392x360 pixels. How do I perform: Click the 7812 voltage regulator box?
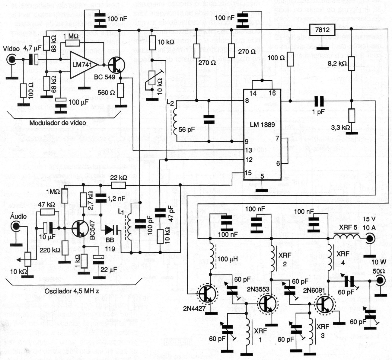tap(322, 30)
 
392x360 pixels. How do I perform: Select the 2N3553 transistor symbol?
tap(268, 303)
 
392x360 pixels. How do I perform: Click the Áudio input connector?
tap(15, 226)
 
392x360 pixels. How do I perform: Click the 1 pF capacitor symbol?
tap(319, 101)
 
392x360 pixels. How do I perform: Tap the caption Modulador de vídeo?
tap(58, 123)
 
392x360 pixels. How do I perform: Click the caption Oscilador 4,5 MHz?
tap(72, 291)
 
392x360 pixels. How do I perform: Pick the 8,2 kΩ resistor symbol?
tap(352, 64)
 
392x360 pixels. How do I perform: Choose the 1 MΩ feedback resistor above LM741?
tap(72, 43)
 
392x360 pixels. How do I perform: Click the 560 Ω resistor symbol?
tap(121, 90)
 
